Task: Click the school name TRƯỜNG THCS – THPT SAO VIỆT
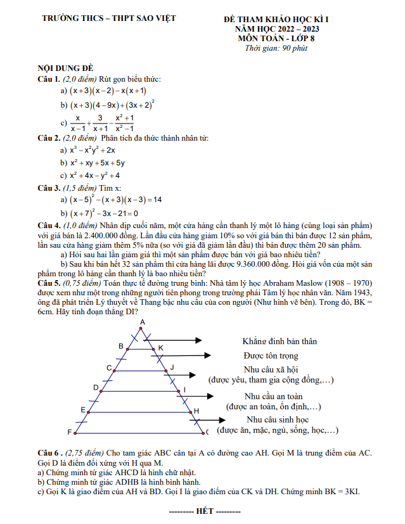(x=108, y=18)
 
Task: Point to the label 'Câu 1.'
(x=49, y=79)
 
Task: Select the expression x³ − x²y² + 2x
(x=92, y=150)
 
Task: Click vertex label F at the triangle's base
(x=69, y=432)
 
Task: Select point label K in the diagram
(x=160, y=348)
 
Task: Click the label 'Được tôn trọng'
(x=271, y=356)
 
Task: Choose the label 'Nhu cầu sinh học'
(x=277, y=419)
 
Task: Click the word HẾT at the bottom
(x=205, y=511)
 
